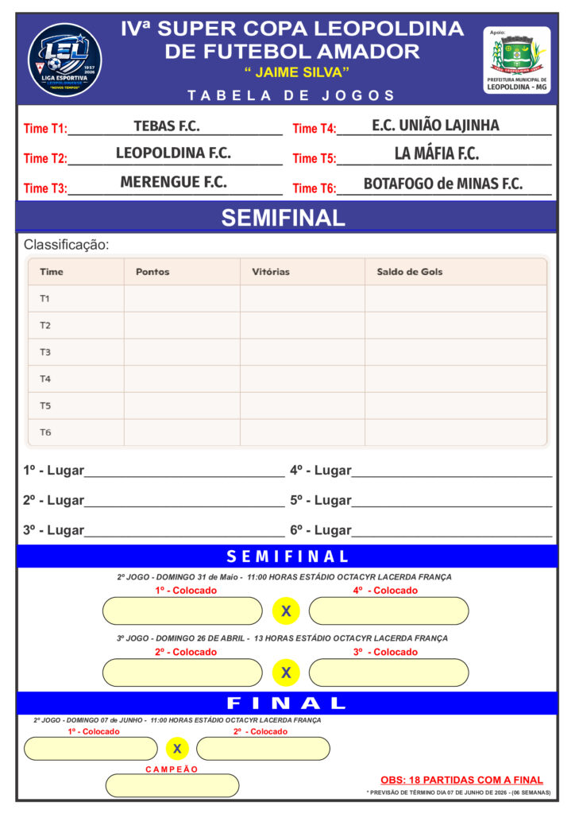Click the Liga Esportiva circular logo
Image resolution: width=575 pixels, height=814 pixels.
(64, 59)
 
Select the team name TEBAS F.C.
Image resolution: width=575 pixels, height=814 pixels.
(167, 126)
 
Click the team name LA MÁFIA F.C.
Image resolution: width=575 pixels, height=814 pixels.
(436, 154)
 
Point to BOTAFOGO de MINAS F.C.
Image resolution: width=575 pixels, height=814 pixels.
(442, 184)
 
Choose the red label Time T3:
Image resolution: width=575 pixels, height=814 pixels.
(45, 188)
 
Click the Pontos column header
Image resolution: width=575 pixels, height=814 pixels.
(152, 272)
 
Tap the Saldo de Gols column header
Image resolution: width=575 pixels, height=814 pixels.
(409, 272)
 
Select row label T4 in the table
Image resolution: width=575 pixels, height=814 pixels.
(45, 379)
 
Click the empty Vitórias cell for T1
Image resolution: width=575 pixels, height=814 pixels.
(302, 299)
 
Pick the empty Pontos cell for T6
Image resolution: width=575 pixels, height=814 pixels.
(182, 432)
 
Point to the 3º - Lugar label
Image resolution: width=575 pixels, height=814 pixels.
(53, 530)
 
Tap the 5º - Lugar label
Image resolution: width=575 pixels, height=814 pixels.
(320, 501)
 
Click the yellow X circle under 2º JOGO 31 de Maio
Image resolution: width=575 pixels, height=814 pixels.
(286, 611)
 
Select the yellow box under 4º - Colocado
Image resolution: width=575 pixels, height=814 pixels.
(388, 611)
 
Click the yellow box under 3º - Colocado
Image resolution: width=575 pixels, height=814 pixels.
(388, 673)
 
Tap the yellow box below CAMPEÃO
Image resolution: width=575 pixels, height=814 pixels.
(172, 785)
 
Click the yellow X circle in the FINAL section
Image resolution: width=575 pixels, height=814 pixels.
(177, 749)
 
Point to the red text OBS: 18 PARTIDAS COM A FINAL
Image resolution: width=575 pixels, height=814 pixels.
(461, 780)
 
